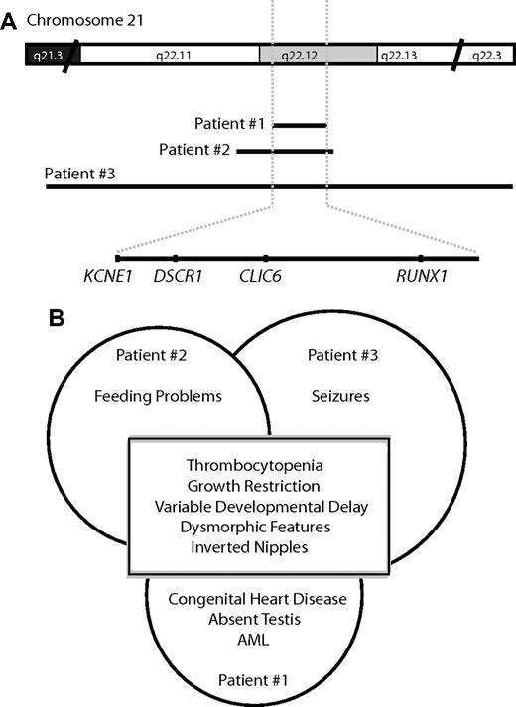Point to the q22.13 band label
click(x=407, y=56)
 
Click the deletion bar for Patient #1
click(x=300, y=125)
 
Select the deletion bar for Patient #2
click(x=285, y=152)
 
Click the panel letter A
click(x=9, y=21)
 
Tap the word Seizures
click(x=341, y=396)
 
